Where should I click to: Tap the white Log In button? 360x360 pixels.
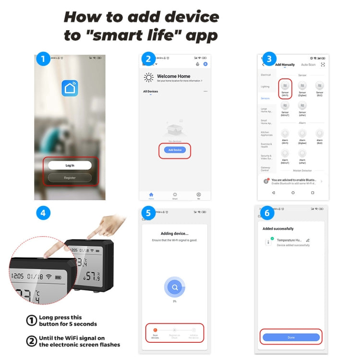pyautogui.click(x=70, y=165)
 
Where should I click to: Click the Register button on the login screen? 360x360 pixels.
pyautogui.click(x=70, y=178)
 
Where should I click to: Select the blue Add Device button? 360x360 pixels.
pyautogui.click(x=175, y=150)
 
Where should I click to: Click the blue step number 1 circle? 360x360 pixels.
pyautogui.click(x=43, y=60)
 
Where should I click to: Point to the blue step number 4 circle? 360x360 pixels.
pyautogui.click(x=43, y=213)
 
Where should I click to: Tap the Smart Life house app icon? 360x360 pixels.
pyautogui.click(x=70, y=88)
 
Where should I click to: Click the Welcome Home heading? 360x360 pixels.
pyautogui.click(x=174, y=76)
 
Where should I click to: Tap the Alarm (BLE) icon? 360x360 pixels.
pyautogui.click(x=319, y=133)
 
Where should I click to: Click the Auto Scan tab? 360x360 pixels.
pyautogui.click(x=308, y=65)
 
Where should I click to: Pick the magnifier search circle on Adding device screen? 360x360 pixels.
pyautogui.click(x=175, y=288)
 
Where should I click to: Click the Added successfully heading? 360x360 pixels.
pyautogui.click(x=278, y=228)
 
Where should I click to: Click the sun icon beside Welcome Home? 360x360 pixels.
pyautogui.click(x=149, y=78)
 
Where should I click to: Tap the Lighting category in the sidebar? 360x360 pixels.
pyautogui.click(x=265, y=87)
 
